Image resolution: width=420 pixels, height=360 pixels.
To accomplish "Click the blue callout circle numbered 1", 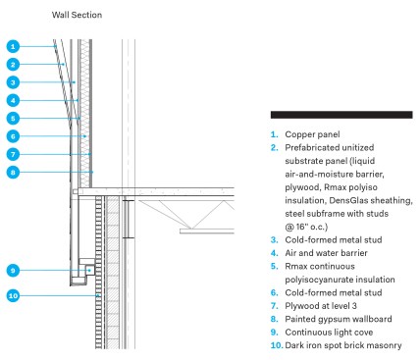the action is click(13, 46).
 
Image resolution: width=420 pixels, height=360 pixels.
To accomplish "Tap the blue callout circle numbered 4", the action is click(13, 100).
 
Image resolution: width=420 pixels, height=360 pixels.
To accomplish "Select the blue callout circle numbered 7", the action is click(13, 154).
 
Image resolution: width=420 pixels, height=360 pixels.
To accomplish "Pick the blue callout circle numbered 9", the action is click(13, 271).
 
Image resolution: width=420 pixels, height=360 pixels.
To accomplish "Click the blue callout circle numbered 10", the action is click(13, 296).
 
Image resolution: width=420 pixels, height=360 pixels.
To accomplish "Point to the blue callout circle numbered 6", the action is click(13, 136).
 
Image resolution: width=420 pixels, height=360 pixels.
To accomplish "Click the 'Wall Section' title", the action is click(77, 15).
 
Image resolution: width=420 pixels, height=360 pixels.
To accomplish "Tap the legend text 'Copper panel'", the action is click(312, 134).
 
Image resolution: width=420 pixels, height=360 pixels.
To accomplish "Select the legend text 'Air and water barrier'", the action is click(326, 253).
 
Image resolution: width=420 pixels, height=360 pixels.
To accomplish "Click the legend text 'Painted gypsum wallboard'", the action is click(339, 319).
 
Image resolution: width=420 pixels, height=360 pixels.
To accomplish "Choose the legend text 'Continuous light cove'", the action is click(329, 333).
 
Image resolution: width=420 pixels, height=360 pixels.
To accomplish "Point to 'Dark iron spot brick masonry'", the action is click(343, 345).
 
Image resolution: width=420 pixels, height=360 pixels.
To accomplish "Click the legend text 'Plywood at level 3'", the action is click(321, 306).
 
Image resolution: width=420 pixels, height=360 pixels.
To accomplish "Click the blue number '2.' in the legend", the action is click(275, 148).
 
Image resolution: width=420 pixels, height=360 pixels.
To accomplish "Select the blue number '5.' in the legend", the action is click(275, 266).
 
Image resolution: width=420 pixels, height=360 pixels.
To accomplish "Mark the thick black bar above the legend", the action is click(341, 115).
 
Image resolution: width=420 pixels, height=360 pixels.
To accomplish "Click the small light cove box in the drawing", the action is click(90, 270).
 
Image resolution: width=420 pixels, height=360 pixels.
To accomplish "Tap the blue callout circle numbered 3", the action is click(13, 82).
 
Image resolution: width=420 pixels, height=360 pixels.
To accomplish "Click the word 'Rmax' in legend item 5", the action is click(295, 266).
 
